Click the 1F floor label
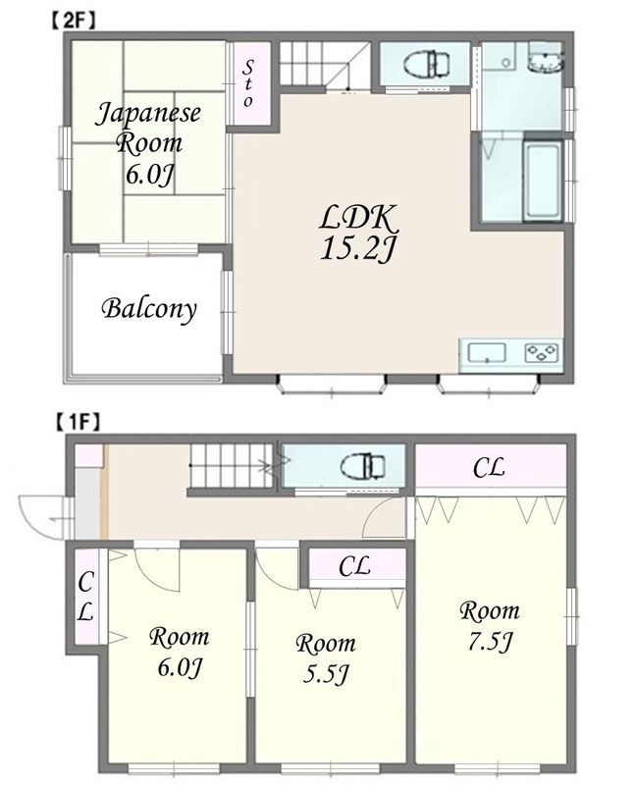pyautogui.click(x=78, y=423)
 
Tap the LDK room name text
pyautogui.click(x=357, y=218)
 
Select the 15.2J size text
pyautogui.click(x=357, y=249)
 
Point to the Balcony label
pyautogui.click(x=149, y=309)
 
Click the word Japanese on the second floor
pyautogui.click(x=148, y=115)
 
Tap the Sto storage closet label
pyautogui.click(x=248, y=83)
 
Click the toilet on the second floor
pyautogui.click(x=426, y=65)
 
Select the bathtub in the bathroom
pyautogui.click(x=543, y=181)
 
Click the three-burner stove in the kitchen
pyautogui.click(x=542, y=353)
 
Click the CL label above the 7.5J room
pyautogui.click(x=490, y=468)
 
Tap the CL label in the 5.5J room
pyautogui.click(x=354, y=567)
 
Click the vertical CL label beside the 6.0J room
pyautogui.click(x=85, y=597)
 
